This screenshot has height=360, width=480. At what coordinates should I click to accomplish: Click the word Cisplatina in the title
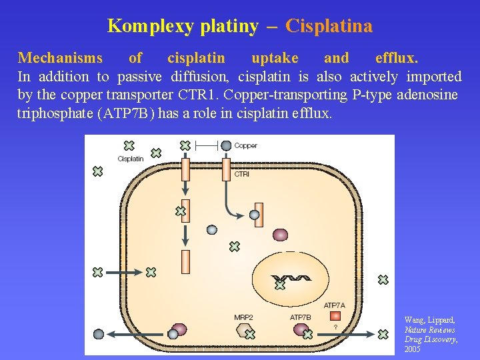point(329,26)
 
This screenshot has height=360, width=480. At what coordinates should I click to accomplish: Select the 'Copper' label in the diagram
point(246,145)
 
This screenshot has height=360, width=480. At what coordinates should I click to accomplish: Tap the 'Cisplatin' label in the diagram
point(131,159)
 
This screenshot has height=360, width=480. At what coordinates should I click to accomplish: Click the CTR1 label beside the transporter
point(242,174)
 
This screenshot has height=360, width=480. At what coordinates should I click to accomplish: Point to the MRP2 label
point(243,317)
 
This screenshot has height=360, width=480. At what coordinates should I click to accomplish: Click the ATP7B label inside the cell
point(300,317)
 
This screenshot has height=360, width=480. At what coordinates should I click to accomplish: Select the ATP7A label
point(335,305)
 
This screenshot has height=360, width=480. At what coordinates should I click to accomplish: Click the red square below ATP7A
point(335,315)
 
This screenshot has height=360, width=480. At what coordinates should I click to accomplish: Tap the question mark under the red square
point(335,327)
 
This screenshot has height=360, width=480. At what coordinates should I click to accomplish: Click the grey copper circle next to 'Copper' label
point(226,145)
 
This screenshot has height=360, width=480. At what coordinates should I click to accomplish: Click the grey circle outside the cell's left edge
point(99,334)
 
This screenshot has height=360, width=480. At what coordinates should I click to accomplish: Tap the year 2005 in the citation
point(412,349)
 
